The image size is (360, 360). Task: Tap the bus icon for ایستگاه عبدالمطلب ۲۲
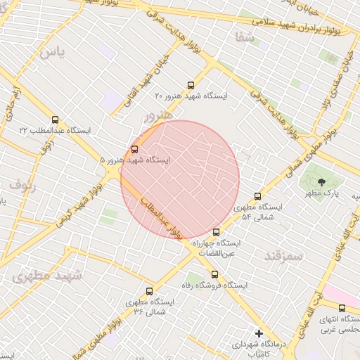tap(56, 119)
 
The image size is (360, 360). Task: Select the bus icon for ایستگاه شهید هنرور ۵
tap(134, 148)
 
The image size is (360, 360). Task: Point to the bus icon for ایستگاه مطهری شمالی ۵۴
tap(257, 196)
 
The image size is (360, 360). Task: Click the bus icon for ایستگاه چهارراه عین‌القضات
tap(216, 231)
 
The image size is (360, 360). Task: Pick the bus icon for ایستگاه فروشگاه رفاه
tap(214, 274)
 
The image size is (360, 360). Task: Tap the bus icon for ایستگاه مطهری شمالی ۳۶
tap(148, 290)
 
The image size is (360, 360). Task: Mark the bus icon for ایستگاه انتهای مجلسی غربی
tap(342, 307)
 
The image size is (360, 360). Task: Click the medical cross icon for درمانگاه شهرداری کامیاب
tap(259, 333)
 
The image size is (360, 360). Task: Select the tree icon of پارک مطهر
tap(312, 182)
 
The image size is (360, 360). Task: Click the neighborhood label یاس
tap(51, 51)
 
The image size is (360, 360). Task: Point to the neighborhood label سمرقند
tap(283, 256)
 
